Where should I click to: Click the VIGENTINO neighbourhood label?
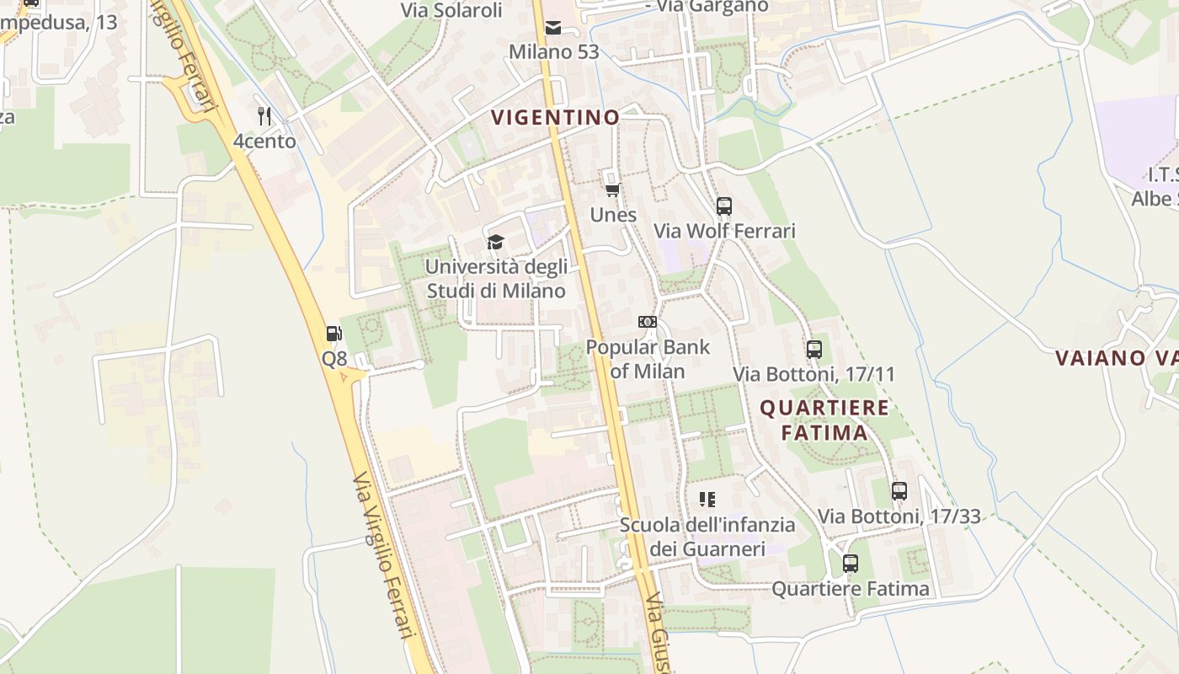[x=555, y=117]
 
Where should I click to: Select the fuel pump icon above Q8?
[x=334, y=334]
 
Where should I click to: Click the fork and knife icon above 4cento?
[x=264, y=115]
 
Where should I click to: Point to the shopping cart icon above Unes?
[x=613, y=190]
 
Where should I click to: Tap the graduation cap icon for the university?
[x=495, y=243]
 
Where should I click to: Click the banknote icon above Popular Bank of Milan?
[x=648, y=322]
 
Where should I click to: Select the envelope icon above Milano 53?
[x=553, y=28]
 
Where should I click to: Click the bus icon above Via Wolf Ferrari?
[x=724, y=206]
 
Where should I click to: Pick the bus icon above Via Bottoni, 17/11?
[x=814, y=349]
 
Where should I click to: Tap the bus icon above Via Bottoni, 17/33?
[x=899, y=490]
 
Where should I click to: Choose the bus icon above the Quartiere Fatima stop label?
[x=851, y=563]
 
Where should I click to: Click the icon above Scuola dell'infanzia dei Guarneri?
[x=707, y=500]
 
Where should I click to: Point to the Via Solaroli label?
[x=451, y=10]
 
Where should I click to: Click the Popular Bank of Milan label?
[x=648, y=359]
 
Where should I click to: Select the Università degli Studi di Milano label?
[x=496, y=279]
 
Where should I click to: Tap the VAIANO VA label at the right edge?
[x=1116, y=358]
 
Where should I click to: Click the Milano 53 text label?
[x=554, y=52]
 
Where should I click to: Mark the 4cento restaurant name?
[x=264, y=141]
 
